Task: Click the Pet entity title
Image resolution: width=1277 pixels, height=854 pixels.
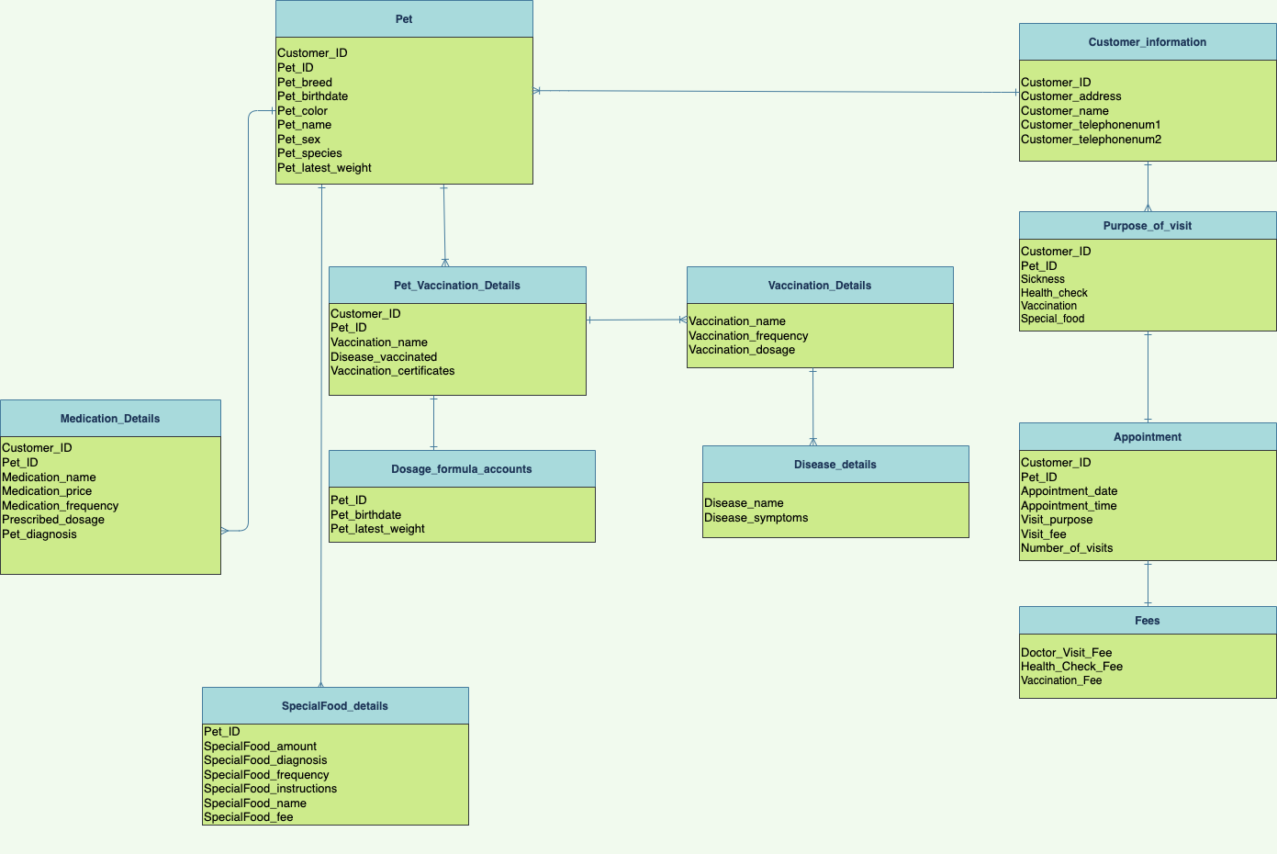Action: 404,19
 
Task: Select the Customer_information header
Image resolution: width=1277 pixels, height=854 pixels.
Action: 1147,42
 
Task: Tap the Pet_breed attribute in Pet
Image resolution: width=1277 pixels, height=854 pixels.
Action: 305,83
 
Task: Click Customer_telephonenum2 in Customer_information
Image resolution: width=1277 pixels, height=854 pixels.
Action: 1091,140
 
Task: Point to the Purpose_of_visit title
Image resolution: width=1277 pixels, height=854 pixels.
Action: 1147,226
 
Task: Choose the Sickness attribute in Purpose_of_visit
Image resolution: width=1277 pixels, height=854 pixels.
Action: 1043,279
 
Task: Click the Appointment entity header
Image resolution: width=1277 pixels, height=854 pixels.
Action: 1147,437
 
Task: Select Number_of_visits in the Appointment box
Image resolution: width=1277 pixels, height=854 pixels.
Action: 1067,548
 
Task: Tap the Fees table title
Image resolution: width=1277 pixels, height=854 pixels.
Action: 1147,621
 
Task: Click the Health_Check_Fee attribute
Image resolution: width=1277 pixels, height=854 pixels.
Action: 1071,667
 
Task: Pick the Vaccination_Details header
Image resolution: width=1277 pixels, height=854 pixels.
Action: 819,286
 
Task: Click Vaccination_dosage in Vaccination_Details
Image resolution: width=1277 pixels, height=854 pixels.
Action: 742,350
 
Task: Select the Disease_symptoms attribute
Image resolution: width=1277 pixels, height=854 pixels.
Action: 756,518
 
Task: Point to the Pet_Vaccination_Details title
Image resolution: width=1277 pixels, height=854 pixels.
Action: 456,286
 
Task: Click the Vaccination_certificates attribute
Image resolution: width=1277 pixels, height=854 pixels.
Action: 392,371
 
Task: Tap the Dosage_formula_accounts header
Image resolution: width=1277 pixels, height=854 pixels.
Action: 461,469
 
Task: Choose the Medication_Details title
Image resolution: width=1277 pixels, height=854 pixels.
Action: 110,419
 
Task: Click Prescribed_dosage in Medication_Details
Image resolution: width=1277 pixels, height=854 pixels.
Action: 53,520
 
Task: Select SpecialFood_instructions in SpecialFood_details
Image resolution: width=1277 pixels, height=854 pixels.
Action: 270,789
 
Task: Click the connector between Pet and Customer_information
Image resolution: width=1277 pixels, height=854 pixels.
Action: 776,91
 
